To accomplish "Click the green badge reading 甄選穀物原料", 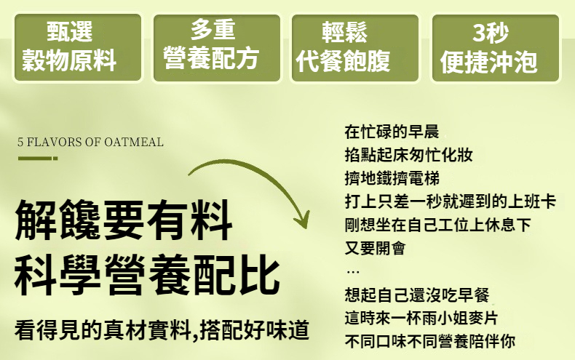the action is (78, 48).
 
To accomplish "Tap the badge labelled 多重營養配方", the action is (217, 48).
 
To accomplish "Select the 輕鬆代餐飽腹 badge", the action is (355, 48).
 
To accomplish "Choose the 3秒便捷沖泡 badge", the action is (496, 48).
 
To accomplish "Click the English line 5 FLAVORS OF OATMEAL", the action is (90, 142).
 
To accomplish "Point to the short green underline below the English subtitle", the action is (38, 159).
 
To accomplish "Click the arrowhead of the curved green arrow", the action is (303, 219).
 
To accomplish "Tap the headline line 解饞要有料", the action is (124, 220).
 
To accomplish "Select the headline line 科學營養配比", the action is (147, 275).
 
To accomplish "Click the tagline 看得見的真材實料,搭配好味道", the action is (162, 329).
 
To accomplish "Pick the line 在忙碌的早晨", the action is (392, 132).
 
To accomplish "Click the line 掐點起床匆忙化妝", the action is (408, 155).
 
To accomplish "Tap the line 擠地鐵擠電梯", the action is (392, 178).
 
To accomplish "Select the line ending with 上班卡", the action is (451, 201).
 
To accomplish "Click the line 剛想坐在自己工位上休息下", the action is (438, 225).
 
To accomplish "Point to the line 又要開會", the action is (375, 248).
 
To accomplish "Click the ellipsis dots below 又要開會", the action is (353, 272).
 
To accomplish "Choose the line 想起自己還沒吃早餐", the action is (417, 295).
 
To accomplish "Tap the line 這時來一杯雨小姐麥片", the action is (421, 318).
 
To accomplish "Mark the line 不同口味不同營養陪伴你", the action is (429, 341).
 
